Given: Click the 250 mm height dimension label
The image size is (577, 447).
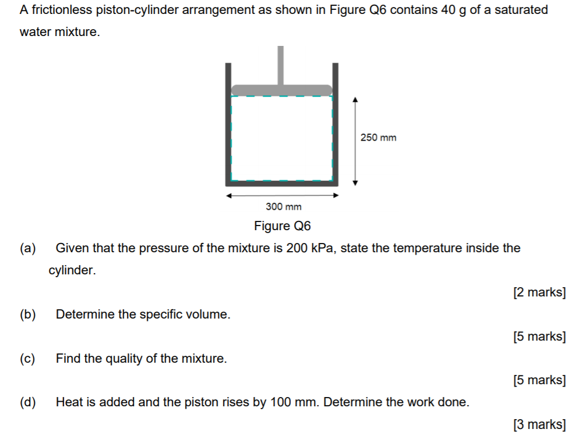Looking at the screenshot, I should (378, 138).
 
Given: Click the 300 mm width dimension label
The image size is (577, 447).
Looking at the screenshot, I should (284, 206).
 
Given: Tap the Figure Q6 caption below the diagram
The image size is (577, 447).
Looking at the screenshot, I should (283, 226).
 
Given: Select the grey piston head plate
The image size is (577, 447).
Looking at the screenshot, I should (282, 90).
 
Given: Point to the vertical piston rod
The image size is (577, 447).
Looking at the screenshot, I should (281, 65).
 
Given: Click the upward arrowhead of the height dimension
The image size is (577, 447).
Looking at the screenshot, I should (356, 101).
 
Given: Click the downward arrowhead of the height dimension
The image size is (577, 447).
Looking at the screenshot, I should (356, 182).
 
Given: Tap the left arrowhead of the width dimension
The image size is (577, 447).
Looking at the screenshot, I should (230, 195).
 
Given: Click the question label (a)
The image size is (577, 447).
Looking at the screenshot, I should (27, 249).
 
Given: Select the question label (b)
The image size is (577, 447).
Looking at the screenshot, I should (27, 315).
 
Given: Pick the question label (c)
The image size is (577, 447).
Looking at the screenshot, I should (27, 359).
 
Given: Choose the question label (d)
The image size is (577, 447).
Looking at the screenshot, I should (27, 402).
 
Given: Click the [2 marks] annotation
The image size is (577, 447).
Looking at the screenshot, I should (539, 292).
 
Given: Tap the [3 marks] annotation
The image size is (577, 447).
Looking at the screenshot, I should (539, 424).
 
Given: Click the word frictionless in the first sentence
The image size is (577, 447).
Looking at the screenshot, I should (61, 10).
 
